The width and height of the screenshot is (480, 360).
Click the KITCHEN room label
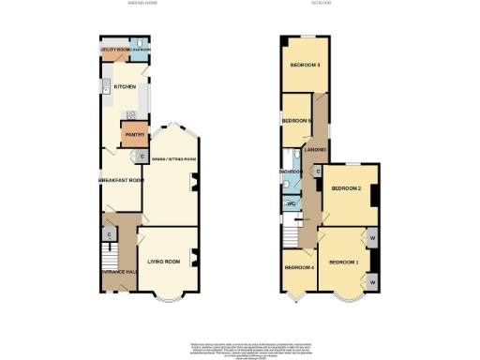[x=125, y=86]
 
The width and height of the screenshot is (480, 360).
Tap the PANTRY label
[x=133, y=134]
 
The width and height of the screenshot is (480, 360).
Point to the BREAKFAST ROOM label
[x=122, y=180]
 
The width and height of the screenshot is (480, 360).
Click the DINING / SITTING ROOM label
[x=170, y=160]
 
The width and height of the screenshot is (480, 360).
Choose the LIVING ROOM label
[x=164, y=262]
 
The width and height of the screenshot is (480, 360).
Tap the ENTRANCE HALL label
[x=120, y=271]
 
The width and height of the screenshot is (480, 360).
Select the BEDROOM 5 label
[x=296, y=121]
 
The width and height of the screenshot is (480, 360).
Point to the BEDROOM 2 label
[x=346, y=188]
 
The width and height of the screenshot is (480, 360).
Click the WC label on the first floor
[x=292, y=203]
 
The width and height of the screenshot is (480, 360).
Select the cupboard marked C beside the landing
[x=318, y=172]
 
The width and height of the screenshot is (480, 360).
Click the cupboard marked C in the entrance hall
[x=110, y=233]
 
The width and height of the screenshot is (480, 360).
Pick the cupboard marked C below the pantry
[x=142, y=157]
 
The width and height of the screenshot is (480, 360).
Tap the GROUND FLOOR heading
[x=143, y=5]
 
